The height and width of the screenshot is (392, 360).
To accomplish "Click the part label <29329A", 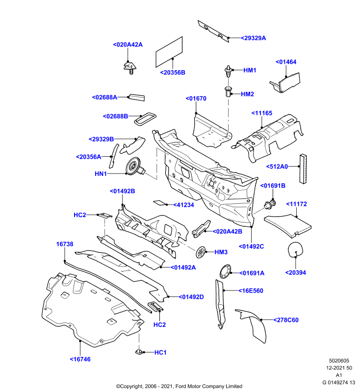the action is [x=253, y=38].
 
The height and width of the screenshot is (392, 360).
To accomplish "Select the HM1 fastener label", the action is [x=250, y=70].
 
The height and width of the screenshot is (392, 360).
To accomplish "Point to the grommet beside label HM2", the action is [x=228, y=92].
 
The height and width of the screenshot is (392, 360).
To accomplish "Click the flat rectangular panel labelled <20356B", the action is [x=169, y=52].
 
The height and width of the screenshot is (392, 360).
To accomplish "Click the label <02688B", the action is [x=116, y=116].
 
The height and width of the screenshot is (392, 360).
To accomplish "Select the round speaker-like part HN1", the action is [x=135, y=167].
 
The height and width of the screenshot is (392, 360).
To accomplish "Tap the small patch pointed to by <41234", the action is [x=159, y=202].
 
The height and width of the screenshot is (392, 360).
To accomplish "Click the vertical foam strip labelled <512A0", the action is [x=303, y=169].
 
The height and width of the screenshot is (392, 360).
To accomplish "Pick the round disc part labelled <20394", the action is [x=295, y=249].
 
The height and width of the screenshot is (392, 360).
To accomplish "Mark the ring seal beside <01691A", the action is [x=225, y=271].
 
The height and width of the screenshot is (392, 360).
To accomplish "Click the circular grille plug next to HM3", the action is [x=201, y=252].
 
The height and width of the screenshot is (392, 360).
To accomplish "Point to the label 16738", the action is [x=65, y=244].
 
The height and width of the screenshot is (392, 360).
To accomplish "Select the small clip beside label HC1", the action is [x=139, y=352].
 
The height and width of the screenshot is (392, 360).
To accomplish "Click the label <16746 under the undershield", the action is [x=80, y=359].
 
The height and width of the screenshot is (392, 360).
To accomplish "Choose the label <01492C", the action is [x=251, y=246].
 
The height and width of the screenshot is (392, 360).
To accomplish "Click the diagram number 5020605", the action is [x=339, y=361].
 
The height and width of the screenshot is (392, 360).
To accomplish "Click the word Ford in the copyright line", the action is [x=181, y=386].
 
